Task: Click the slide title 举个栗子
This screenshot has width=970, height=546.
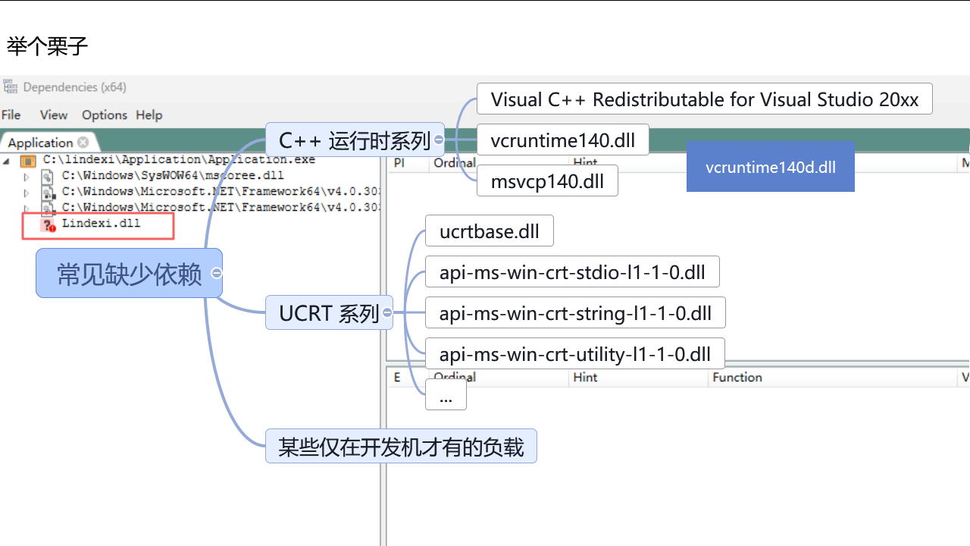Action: [48, 46]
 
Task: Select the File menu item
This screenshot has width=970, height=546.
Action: [11, 115]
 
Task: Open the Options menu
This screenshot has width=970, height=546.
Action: [105, 115]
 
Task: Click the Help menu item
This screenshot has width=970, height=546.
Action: [149, 115]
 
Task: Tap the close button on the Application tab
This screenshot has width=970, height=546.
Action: [83, 142]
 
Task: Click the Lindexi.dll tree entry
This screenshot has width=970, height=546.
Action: [101, 224]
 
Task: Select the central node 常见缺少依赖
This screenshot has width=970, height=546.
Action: [129, 274]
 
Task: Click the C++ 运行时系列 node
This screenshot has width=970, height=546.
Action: [354, 140]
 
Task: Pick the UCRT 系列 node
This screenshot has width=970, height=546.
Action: [329, 312]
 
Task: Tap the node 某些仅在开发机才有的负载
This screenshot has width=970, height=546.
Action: [401, 447]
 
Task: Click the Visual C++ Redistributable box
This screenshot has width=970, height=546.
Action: [704, 99]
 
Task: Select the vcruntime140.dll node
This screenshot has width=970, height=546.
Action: [562, 140]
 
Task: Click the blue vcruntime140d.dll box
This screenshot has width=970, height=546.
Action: [770, 167]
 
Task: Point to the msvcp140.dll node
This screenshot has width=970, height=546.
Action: [547, 181]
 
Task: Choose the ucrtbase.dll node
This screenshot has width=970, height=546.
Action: [489, 231]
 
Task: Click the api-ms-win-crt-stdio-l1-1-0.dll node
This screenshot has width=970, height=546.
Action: [572, 272]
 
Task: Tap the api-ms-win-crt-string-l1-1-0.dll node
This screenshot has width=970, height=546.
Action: [575, 312]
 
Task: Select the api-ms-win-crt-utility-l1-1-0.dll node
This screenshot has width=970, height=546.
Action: [574, 353]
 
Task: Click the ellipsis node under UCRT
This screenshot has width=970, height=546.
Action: [446, 395]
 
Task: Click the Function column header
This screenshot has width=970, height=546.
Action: [737, 377]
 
